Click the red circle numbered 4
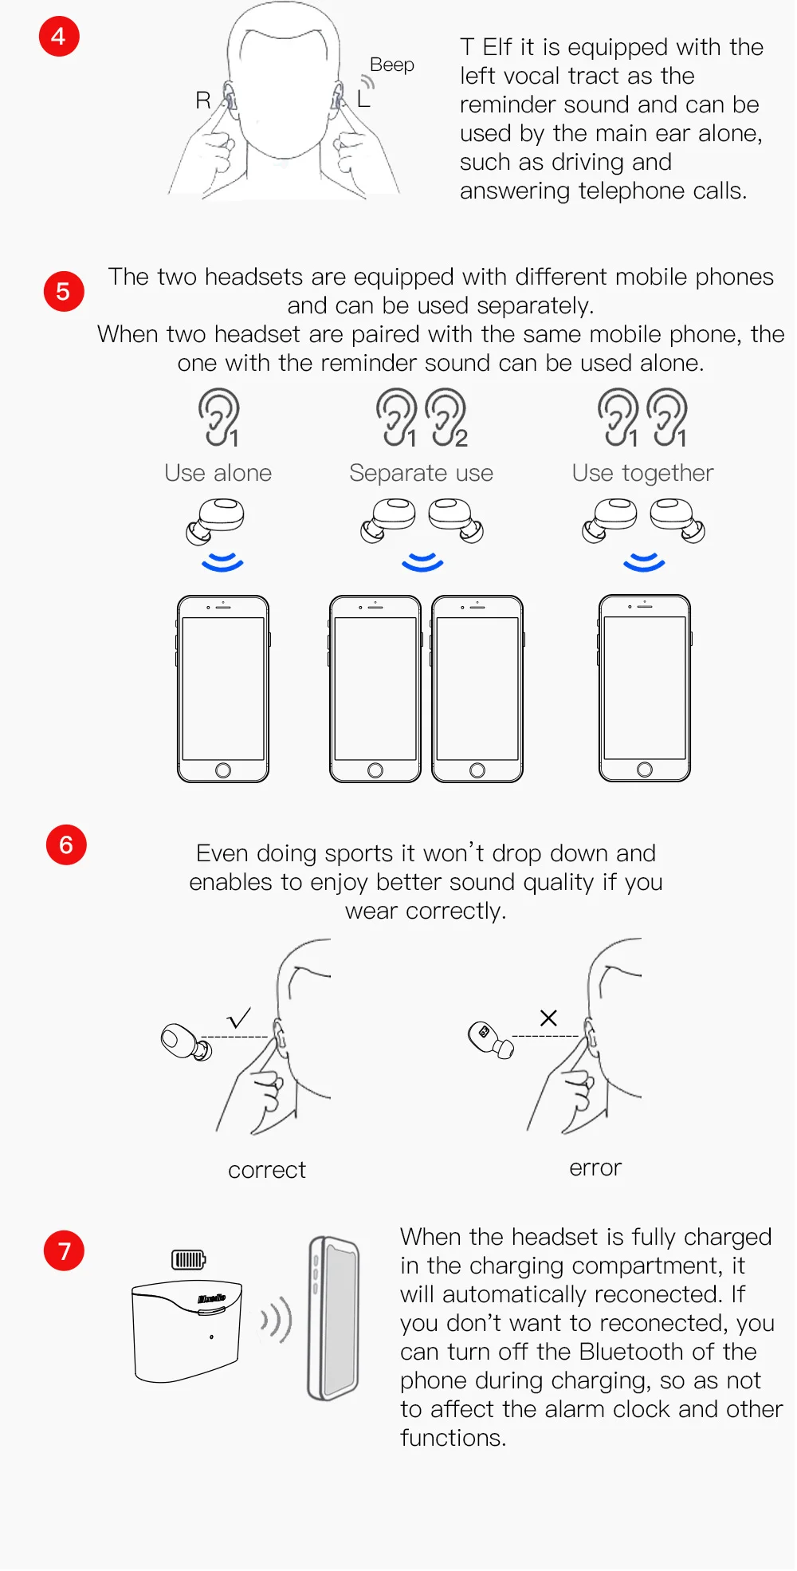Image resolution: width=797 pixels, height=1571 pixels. point(59,37)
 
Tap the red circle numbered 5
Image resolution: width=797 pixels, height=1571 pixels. point(64,291)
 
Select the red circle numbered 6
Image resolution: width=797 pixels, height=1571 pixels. point(66,845)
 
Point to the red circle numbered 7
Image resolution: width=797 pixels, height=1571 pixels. point(64,1250)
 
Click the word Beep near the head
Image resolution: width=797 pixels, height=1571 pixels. point(392,65)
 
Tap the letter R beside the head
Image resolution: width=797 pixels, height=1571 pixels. point(203,100)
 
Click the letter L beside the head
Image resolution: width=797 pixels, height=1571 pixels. point(363,99)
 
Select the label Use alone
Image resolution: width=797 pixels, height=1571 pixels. point(218,473)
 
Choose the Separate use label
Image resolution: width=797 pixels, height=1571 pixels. point(422,473)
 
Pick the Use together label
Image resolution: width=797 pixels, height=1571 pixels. point(643,474)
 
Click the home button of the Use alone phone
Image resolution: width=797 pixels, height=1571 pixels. point(223,770)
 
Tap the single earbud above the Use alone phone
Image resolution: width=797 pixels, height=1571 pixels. point(215,521)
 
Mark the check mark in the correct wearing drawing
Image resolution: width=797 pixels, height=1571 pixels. point(239,1018)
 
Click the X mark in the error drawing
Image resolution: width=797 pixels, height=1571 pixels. point(548,1018)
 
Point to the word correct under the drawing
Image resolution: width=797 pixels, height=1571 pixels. point(267,1171)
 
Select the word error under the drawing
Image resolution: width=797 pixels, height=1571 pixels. point(595,1168)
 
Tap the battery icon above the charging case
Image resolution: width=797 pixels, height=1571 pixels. point(189,1260)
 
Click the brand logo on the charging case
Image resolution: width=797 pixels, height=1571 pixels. point(212,1299)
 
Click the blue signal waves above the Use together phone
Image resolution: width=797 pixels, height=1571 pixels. point(644,562)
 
